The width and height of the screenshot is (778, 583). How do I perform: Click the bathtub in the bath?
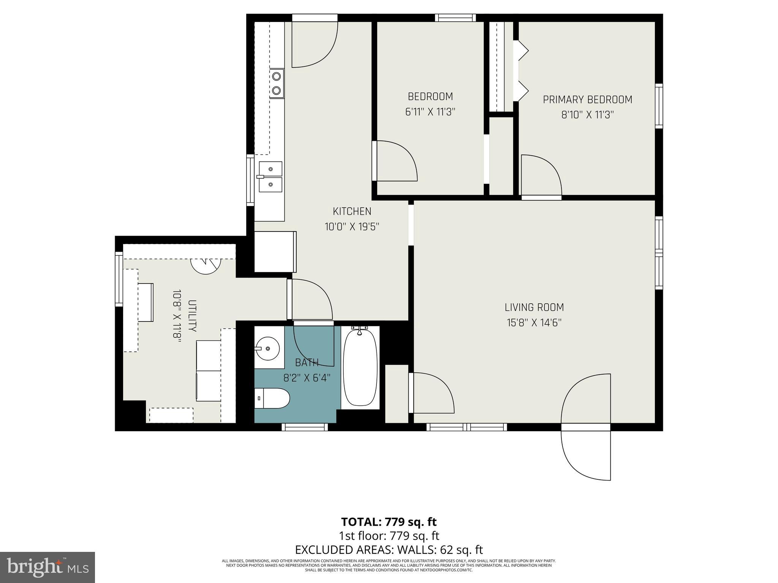pos(360,367)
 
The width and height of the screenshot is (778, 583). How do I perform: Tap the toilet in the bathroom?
pos(272,398)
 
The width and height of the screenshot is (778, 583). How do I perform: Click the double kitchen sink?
pos(270,176)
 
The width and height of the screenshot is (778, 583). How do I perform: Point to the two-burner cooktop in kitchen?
pos(277,84)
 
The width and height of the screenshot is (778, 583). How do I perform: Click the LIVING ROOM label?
pos(534,307)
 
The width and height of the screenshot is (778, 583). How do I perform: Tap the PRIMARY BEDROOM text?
pos(587,100)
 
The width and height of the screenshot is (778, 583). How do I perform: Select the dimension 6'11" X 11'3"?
pos(430,112)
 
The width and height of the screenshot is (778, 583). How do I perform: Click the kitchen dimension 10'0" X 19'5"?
pos(352,227)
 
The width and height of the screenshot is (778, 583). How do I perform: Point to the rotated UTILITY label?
pos(192,316)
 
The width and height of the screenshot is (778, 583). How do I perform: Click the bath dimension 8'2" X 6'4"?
pos(307,378)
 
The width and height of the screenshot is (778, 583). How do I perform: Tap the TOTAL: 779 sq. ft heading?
pos(389,522)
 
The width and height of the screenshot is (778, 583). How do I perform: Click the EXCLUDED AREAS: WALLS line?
pos(389,549)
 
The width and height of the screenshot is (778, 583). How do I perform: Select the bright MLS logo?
pos(47,567)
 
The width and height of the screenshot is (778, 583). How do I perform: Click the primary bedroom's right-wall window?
pos(659,106)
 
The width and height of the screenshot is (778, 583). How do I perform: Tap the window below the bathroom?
pos(304,427)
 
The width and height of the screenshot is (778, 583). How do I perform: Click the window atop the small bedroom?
pos(455,17)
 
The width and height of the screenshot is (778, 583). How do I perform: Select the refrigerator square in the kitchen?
pos(274,251)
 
